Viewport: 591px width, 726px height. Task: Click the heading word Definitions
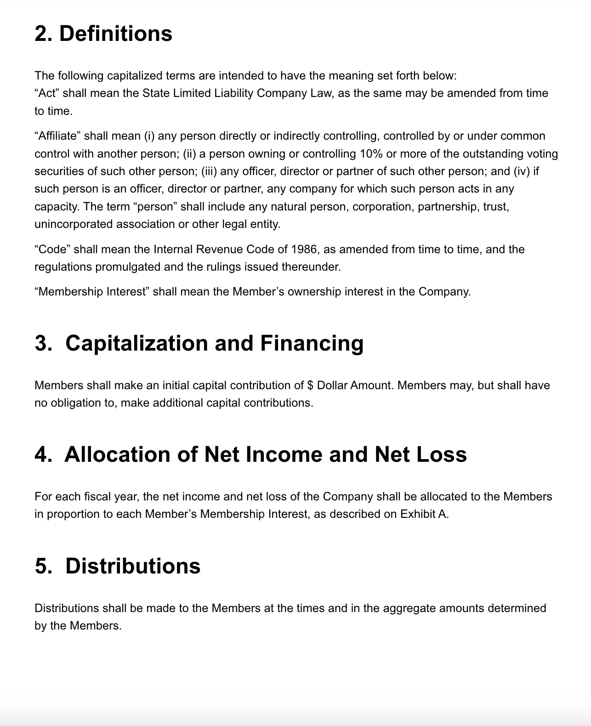[x=116, y=34]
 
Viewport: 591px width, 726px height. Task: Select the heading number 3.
[x=43, y=343]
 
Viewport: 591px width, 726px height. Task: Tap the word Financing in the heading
[x=312, y=343]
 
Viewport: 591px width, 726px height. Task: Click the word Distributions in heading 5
[x=133, y=566]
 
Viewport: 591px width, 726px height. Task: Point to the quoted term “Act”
[x=47, y=93]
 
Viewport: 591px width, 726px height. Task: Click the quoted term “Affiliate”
[x=57, y=136]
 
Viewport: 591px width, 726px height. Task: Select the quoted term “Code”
[x=52, y=250]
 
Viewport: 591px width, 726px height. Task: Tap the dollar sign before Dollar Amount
[x=310, y=385]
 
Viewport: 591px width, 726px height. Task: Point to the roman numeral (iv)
[x=522, y=171]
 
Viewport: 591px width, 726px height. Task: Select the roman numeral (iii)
[x=209, y=171]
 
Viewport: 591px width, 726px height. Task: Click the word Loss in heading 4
[x=442, y=454]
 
